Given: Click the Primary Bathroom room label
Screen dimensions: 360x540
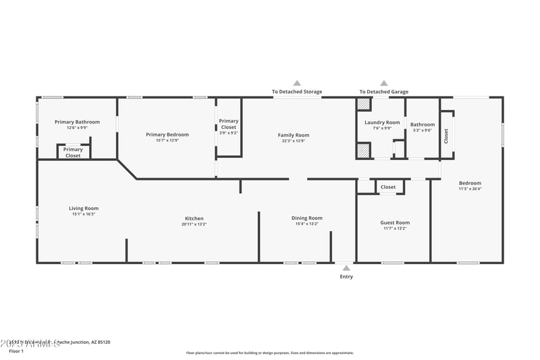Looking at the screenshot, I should pos(77,122).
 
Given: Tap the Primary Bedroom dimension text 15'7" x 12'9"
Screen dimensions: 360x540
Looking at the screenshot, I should pos(167,140).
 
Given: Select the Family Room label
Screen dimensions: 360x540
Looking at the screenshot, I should pos(294,135).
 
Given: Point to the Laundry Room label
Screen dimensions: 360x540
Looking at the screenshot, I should pos(382,122).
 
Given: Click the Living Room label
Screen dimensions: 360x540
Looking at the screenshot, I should pos(84,208).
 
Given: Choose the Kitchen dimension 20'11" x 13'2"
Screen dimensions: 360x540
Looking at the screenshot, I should pos(194,224).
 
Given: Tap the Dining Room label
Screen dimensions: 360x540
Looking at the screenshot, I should pos(307,217).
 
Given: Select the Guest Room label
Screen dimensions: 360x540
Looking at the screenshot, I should pos(395,222).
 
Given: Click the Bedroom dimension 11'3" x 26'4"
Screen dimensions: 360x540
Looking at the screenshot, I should pos(470,189).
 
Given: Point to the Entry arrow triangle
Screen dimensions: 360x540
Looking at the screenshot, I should pos(346,268).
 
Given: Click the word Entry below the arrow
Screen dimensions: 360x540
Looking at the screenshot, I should pos(346,276).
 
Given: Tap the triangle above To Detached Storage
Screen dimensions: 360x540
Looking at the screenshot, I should pos(297,83).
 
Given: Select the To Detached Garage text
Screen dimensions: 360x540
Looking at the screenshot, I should pos(383,92).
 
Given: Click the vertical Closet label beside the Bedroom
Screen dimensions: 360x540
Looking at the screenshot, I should pos(446,136).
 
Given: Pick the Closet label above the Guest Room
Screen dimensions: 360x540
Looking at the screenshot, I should pos(388,187).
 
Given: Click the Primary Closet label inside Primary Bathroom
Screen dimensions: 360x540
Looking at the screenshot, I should pos(73,153).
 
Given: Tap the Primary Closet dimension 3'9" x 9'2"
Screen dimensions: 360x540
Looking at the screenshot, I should pos(229,133).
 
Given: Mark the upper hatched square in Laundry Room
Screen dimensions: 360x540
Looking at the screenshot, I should pos(363,104).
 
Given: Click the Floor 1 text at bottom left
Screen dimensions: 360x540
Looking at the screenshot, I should pos(16,351).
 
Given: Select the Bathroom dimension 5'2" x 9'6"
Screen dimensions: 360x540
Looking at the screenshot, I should pos(423,130).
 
